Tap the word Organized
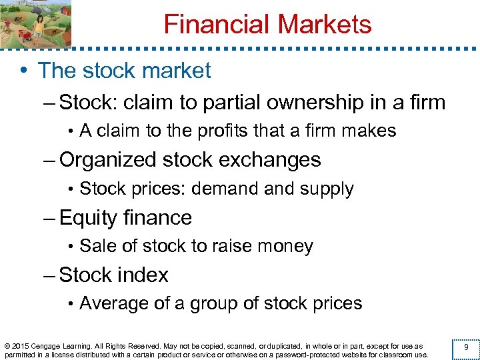click(117, 161)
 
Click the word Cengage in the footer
click(50, 346)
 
